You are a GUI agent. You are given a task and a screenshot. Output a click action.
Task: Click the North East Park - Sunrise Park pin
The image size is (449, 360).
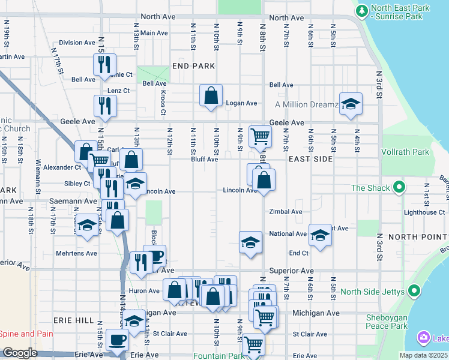point(362,11)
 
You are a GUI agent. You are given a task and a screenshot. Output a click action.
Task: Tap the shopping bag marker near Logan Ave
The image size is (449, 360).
point(211,95)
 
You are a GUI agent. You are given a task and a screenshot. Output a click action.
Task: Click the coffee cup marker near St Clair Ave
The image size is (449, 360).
point(117,340)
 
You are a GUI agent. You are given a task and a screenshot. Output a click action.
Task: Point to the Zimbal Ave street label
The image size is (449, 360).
point(286,212)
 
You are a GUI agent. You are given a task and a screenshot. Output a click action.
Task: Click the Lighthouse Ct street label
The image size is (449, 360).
point(424,212)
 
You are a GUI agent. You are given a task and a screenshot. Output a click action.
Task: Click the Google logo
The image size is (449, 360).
point(20,353)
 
